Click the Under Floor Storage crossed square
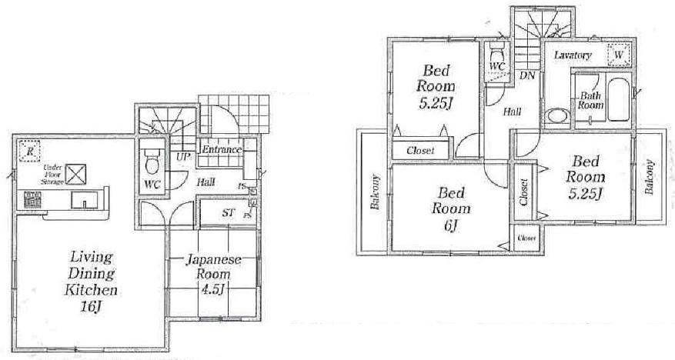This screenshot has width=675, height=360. [75, 174]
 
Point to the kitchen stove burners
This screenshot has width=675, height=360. [33, 199]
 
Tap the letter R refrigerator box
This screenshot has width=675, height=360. [29, 151]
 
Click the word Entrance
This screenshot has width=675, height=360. [222, 150]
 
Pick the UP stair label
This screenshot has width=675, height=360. [183, 157]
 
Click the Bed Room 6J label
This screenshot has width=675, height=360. [446, 208]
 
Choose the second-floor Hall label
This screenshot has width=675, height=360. [513, 112]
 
